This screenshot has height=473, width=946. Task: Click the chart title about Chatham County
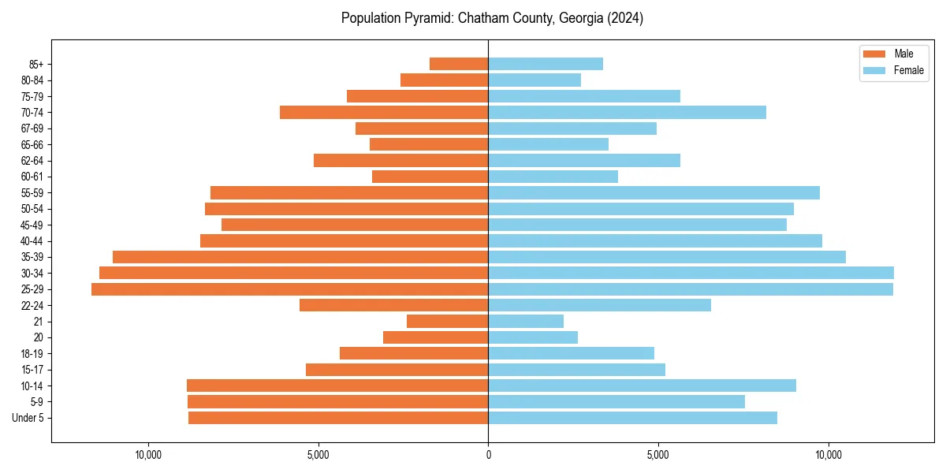pyautogui.click(x=492, y=18)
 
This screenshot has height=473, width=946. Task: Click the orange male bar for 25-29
pyautogui.click(x=289, y=289)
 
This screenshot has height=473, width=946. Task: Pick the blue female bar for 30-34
pyautogui.click(x=691, y=273)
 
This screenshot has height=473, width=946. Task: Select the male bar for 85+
pyautogui.click(x=459, y=64)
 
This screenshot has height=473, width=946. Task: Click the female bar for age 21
pyautogui.click(x=526, y=321)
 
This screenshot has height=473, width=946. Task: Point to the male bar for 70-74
pyautogui.click(x=384, y=112)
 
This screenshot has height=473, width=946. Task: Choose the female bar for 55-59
pyautogui.click(x=654, y=192)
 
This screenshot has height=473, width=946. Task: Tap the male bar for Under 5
pyautogui.click(x=338, y=418)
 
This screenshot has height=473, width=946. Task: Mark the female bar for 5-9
pyautogui.click(x=616, y=401)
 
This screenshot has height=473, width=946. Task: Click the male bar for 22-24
pyautogui.click(x=393, y=305)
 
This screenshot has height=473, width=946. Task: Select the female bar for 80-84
pyautogui.click(x=534, y=80)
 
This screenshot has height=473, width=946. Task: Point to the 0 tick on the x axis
pyautogui.click(x=488, y=454)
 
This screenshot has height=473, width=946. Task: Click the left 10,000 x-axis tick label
pyautogui.click(x=148, y=454)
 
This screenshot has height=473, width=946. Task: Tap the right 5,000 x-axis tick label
pyautogui.click(x=658, y=454)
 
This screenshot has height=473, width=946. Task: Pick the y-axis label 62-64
pyautogui.click(x=32, y=161)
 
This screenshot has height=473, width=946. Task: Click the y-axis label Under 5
pyautogui.click(x=28, y=418)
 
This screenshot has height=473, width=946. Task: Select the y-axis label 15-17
pyautogui.click(x=32, y=370)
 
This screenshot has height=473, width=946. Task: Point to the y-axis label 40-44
pyautogui.click(x=32, y=241)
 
